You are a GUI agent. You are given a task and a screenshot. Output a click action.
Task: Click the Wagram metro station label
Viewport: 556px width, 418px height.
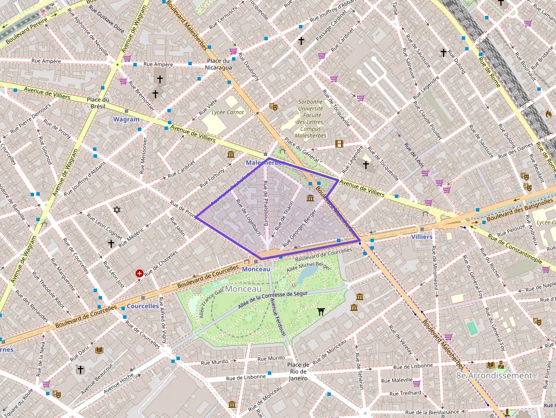click(126, 120)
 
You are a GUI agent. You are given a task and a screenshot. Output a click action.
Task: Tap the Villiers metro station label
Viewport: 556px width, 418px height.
click(422, 237)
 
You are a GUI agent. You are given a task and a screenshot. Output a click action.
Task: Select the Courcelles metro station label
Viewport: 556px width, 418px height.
click(142, 306)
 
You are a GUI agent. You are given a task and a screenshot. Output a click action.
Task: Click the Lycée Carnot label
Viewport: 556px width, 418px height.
click(228, 112)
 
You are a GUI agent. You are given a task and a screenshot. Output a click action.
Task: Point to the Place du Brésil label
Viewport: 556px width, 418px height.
click(98, 103)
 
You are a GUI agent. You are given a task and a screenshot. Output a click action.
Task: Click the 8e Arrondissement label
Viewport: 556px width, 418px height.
click(494, 375)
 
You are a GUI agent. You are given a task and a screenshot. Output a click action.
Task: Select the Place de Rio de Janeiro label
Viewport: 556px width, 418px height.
click(298, 371)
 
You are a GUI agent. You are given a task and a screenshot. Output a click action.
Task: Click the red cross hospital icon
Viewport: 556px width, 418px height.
click(140, 273)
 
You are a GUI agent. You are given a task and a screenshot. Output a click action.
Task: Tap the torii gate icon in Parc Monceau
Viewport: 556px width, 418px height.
click(321, 311)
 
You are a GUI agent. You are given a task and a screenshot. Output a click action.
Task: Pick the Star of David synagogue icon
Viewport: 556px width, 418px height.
click(117, 210)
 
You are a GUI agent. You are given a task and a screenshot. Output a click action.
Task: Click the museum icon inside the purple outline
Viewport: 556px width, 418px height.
click(310, 198)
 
